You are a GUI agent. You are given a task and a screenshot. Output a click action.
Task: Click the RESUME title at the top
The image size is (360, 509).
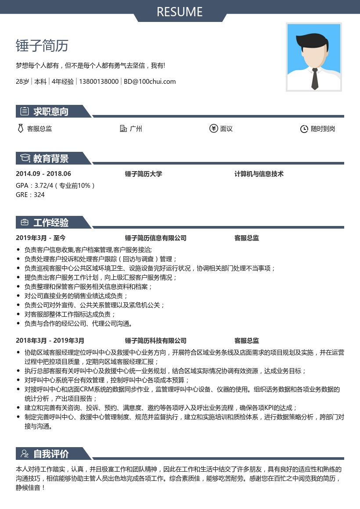[x=180, y=12]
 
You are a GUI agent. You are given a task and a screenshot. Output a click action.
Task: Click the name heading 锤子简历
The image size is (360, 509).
[x=42, y=46]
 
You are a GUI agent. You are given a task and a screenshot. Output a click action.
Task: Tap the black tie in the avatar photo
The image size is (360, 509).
[x=315, y=79]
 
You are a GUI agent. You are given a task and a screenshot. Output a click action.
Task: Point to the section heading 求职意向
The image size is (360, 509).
[x=51, y=111]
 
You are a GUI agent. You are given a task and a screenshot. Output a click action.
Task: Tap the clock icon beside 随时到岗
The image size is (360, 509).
[x=304, y=129]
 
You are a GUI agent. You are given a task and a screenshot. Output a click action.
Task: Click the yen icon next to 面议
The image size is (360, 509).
[x=213, y=129]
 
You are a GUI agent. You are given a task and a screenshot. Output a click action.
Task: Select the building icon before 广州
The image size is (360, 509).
[x=123, y=129]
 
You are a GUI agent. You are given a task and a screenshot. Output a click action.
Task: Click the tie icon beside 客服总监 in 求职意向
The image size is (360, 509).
[x=20, y=129]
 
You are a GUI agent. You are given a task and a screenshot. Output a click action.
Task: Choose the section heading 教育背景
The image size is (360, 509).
[x=51, y=158]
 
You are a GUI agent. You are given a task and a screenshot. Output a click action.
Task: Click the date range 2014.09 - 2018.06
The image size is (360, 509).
[x=43, y=174]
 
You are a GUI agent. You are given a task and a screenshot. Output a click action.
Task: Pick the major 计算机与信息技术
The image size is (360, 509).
[x=259, y=174]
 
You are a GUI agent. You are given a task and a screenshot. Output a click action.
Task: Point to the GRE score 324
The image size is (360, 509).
[x=39, y=195]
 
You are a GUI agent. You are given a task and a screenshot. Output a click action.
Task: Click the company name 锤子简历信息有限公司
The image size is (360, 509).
[x=156, y=238]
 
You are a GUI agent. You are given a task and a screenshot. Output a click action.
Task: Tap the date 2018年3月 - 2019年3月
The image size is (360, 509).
[x=50, y=341]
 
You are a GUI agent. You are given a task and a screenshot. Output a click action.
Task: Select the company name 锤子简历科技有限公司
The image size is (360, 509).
[x=156, y=341]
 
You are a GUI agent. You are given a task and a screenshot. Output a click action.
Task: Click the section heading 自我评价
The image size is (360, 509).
[x=51, y=454]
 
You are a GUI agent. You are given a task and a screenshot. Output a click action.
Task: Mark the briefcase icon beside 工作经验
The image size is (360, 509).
[x=25, y=222]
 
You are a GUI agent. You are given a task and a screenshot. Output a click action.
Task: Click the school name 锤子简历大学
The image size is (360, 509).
[x=144, y=174]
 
